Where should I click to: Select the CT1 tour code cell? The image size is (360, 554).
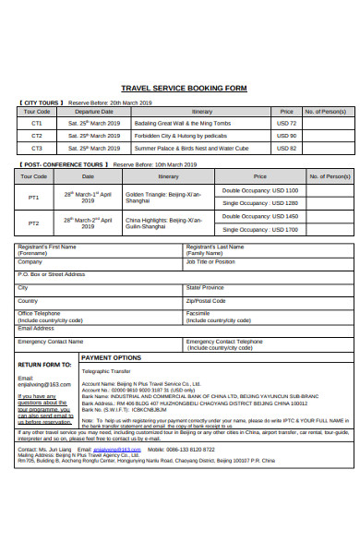(37, 123)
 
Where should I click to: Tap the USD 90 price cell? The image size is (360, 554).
(286, 135)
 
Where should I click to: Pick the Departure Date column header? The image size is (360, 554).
(93, 111)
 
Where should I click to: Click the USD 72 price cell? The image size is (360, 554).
(286, 123)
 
